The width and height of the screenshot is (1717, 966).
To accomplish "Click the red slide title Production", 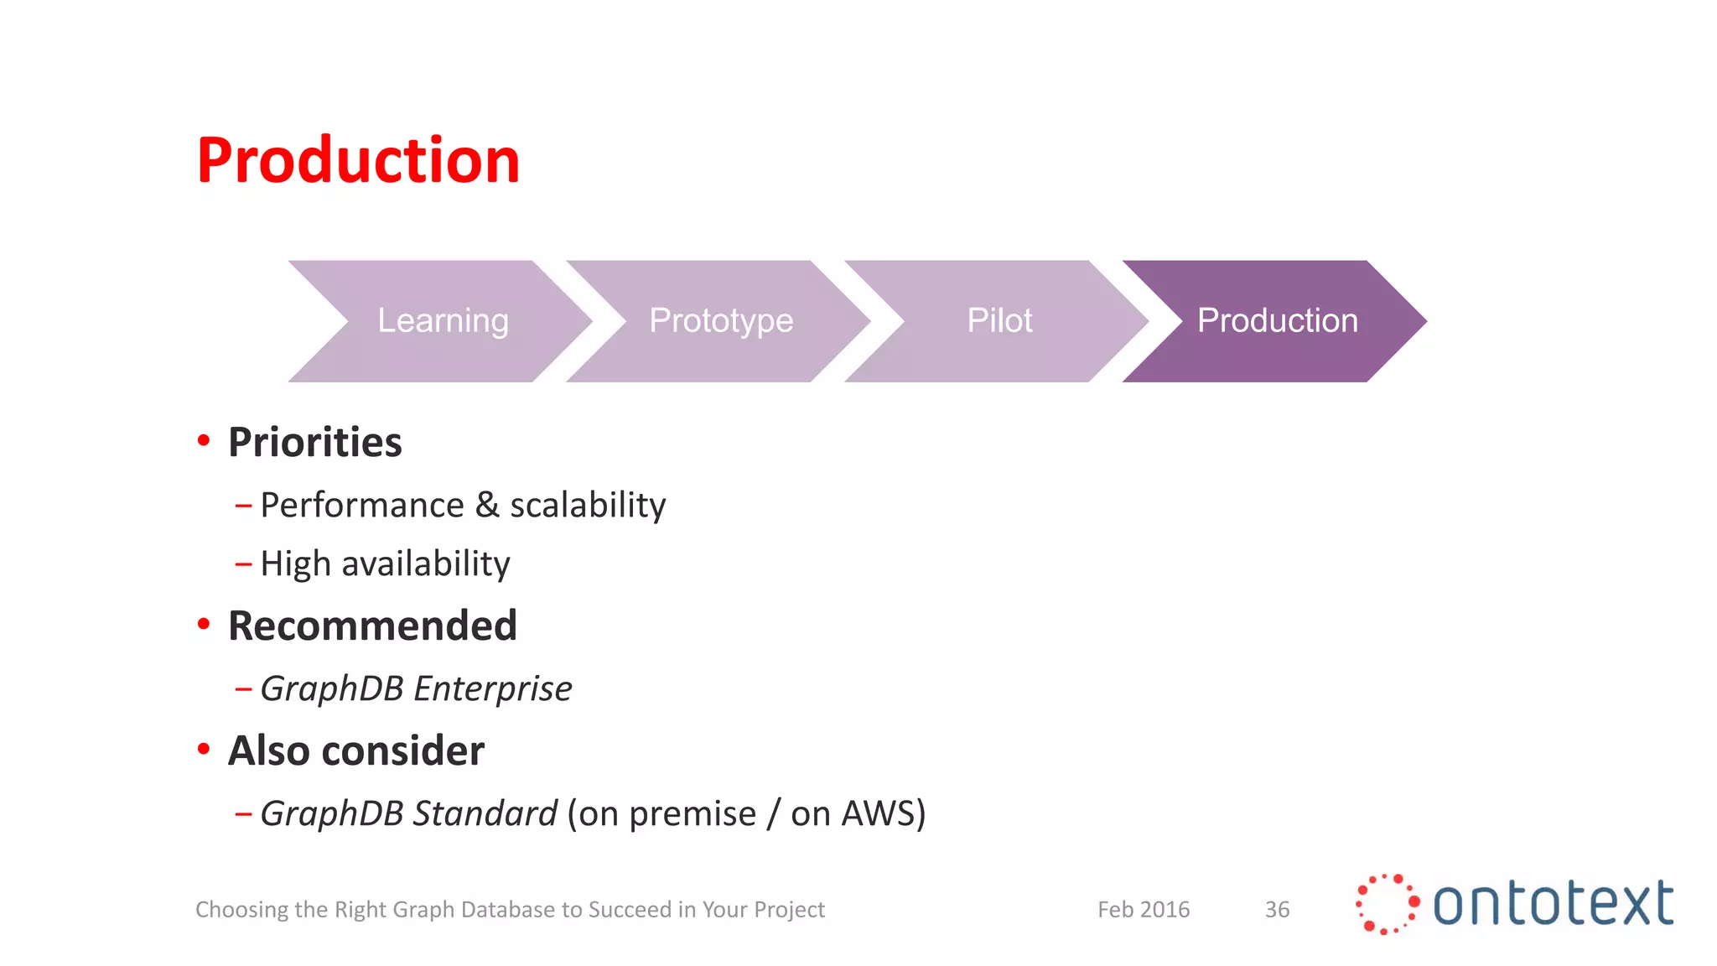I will (358, 160).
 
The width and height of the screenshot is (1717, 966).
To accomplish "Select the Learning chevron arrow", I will (443, 321).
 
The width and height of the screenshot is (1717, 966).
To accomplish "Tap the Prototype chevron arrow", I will (721, 321).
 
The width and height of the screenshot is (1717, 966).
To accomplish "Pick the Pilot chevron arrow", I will (999, 321).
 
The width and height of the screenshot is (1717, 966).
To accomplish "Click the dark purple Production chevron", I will (1277, 321).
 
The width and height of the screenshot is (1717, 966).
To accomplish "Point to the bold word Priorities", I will (315, 442).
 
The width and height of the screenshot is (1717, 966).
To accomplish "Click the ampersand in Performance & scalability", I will (487, 505).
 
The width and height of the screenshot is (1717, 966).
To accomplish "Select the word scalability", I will (588, 506).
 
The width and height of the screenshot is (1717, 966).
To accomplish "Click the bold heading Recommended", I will (372, 626).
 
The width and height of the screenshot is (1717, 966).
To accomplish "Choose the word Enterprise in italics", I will (493, 688).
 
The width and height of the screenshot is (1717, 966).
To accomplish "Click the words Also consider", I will (356, 750).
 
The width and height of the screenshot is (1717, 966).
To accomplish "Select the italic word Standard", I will (485, 813).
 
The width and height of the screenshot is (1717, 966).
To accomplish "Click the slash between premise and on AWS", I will (773, 814).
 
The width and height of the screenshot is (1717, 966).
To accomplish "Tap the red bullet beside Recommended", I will (203, 624).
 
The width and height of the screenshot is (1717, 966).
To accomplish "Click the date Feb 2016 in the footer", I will (1144, 909).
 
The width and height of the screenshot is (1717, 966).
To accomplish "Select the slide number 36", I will (1277, 909).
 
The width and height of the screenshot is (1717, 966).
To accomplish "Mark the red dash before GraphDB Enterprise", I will (244, 689).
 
